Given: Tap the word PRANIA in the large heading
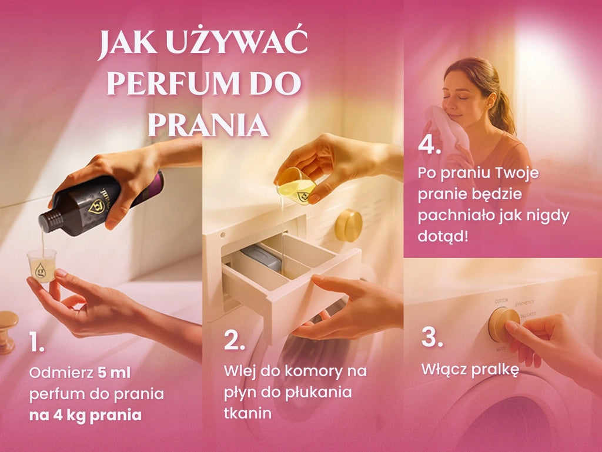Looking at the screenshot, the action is pos(208,125).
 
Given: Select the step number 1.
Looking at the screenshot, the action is pos(36,342).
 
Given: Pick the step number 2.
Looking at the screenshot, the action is pos(234,340).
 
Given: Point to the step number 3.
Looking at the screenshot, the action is pos(432,337).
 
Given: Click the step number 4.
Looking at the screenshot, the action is pos(429,145).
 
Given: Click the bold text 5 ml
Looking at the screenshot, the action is pos(115,373).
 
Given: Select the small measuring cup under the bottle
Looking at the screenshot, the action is pos(42,266).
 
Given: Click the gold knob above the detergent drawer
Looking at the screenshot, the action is pos(349,225).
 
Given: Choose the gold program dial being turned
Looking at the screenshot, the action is pos(503,324).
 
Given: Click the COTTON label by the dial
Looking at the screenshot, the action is pos(501,300).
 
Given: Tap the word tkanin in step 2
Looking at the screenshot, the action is pos(248,413).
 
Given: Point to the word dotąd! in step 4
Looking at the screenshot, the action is pos(443,236).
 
